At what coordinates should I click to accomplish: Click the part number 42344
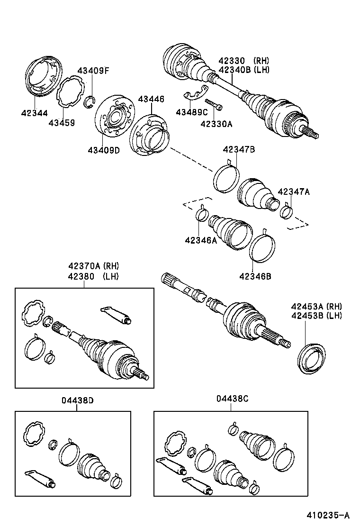click(34, 113)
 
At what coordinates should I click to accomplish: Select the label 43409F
click(93, 71)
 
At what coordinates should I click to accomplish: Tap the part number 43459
click(62, 123)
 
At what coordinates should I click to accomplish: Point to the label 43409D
click(103, 150)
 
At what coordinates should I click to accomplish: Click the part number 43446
click(151, 99)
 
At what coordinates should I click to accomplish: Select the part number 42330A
click(216, 124)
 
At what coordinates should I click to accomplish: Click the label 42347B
click(239, 150)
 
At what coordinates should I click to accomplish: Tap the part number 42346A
click(201, 240)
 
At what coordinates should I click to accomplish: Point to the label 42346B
click(255, 276)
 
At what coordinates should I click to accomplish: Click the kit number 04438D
click(77, 400)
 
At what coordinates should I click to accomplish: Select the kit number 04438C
click(232, 400)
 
